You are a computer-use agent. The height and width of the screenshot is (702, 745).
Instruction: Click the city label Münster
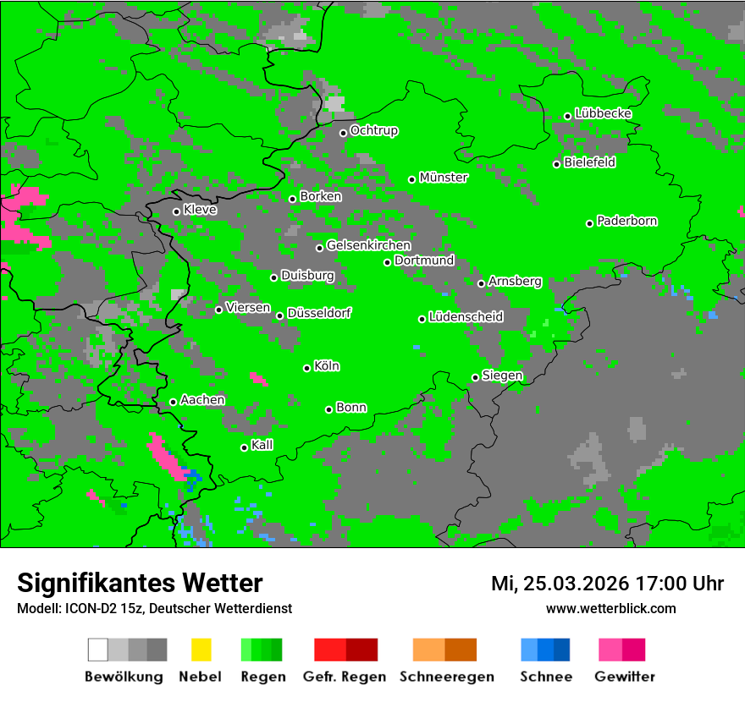pyautogui.click(x=444, y=178)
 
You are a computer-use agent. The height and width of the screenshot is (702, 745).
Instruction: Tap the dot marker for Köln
pyautogui.click(x=306, y=368)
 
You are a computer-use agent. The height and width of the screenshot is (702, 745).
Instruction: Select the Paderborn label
pyautogui.click(x=627, y=222)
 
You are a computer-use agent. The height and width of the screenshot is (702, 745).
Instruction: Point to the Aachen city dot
pyautogui.click(x=173, y=402)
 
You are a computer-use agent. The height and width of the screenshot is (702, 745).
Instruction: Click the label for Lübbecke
pyautogui.click(x=603, y=113)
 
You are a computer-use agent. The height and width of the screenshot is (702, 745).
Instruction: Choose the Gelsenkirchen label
pyautogui.click(x=368, y=245)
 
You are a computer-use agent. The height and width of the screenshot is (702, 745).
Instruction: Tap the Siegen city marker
pyautogui.click(x=475, y=377)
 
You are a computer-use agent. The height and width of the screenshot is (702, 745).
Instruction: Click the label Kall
pyautogui.click(x=262, y=445)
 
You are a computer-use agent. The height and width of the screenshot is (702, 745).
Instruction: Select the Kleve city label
pyautogui.click(x=200, y=210)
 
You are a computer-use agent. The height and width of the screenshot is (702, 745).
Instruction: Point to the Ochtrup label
pyautogui.click(x=374, y=131)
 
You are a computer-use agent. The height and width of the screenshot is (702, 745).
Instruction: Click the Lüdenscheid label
pyautogui.click(x=466, y=317)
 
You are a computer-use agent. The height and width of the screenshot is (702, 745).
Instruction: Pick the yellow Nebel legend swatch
pyautogui.click(x=201, y=650)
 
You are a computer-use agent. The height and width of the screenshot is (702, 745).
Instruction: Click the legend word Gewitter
pyautogui.click(x=624, y=677)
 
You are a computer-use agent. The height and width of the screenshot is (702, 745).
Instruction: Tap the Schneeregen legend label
pyautogui.click(x=446, y=677)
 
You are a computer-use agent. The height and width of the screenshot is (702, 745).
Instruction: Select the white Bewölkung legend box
pyautogui.click(x=98, y=650)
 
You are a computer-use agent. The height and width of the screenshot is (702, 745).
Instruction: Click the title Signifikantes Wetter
pyautogui.click(x=140, y=583)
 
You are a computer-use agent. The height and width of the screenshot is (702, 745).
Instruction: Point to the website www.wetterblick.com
pyautogui.click(x=610, y=608)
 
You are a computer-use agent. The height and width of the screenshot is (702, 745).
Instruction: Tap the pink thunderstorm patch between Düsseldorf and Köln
pyautogui.click(x=259, y=379)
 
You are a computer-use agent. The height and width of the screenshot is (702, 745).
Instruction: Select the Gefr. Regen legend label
pyautogui.click(x=345, y=677)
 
